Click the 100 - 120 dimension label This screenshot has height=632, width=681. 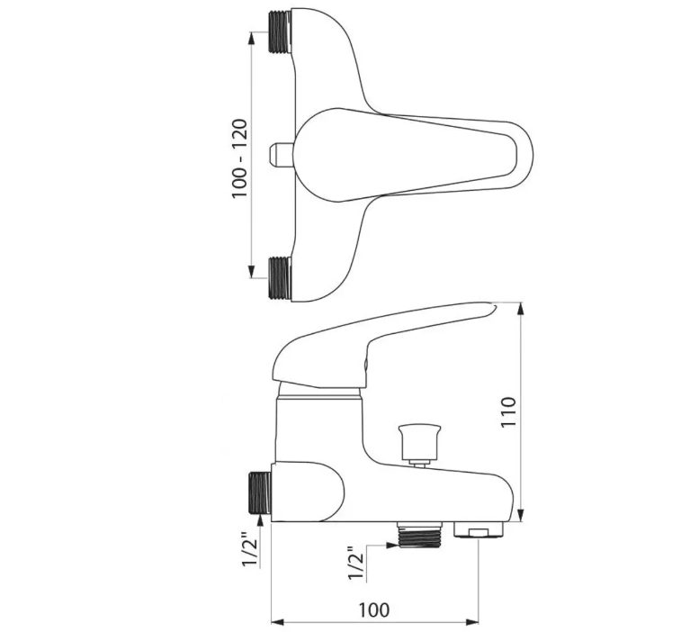[x=239, y=158]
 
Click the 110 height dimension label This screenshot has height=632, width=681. [x=508, y=411]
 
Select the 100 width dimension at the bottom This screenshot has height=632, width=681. [x=373, y=609]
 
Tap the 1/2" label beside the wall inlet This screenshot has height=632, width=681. [x=251, y=549]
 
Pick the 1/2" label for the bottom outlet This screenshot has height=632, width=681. [x=356, y=564]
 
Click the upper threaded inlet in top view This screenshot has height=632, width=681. [x=279, y=32]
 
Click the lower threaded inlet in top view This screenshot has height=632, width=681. [x=279, y=278]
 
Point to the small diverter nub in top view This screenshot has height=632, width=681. [x=281, y=155]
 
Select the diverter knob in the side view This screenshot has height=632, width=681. [x=419, y=446]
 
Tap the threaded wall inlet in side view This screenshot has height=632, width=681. [x=260, y=493]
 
